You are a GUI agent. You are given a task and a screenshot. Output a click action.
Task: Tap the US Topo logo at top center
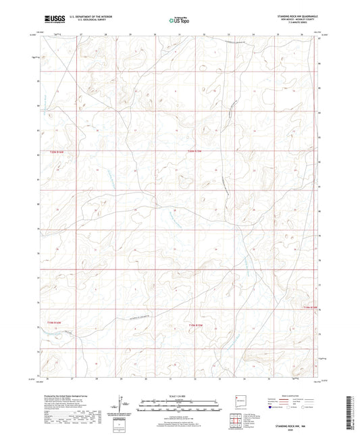(178, 20)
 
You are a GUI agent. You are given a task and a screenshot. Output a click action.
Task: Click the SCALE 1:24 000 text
(178, 396)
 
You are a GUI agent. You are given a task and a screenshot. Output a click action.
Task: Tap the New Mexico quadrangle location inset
(239, 402)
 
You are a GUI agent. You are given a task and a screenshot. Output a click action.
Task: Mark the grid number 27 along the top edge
(80, 33)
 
